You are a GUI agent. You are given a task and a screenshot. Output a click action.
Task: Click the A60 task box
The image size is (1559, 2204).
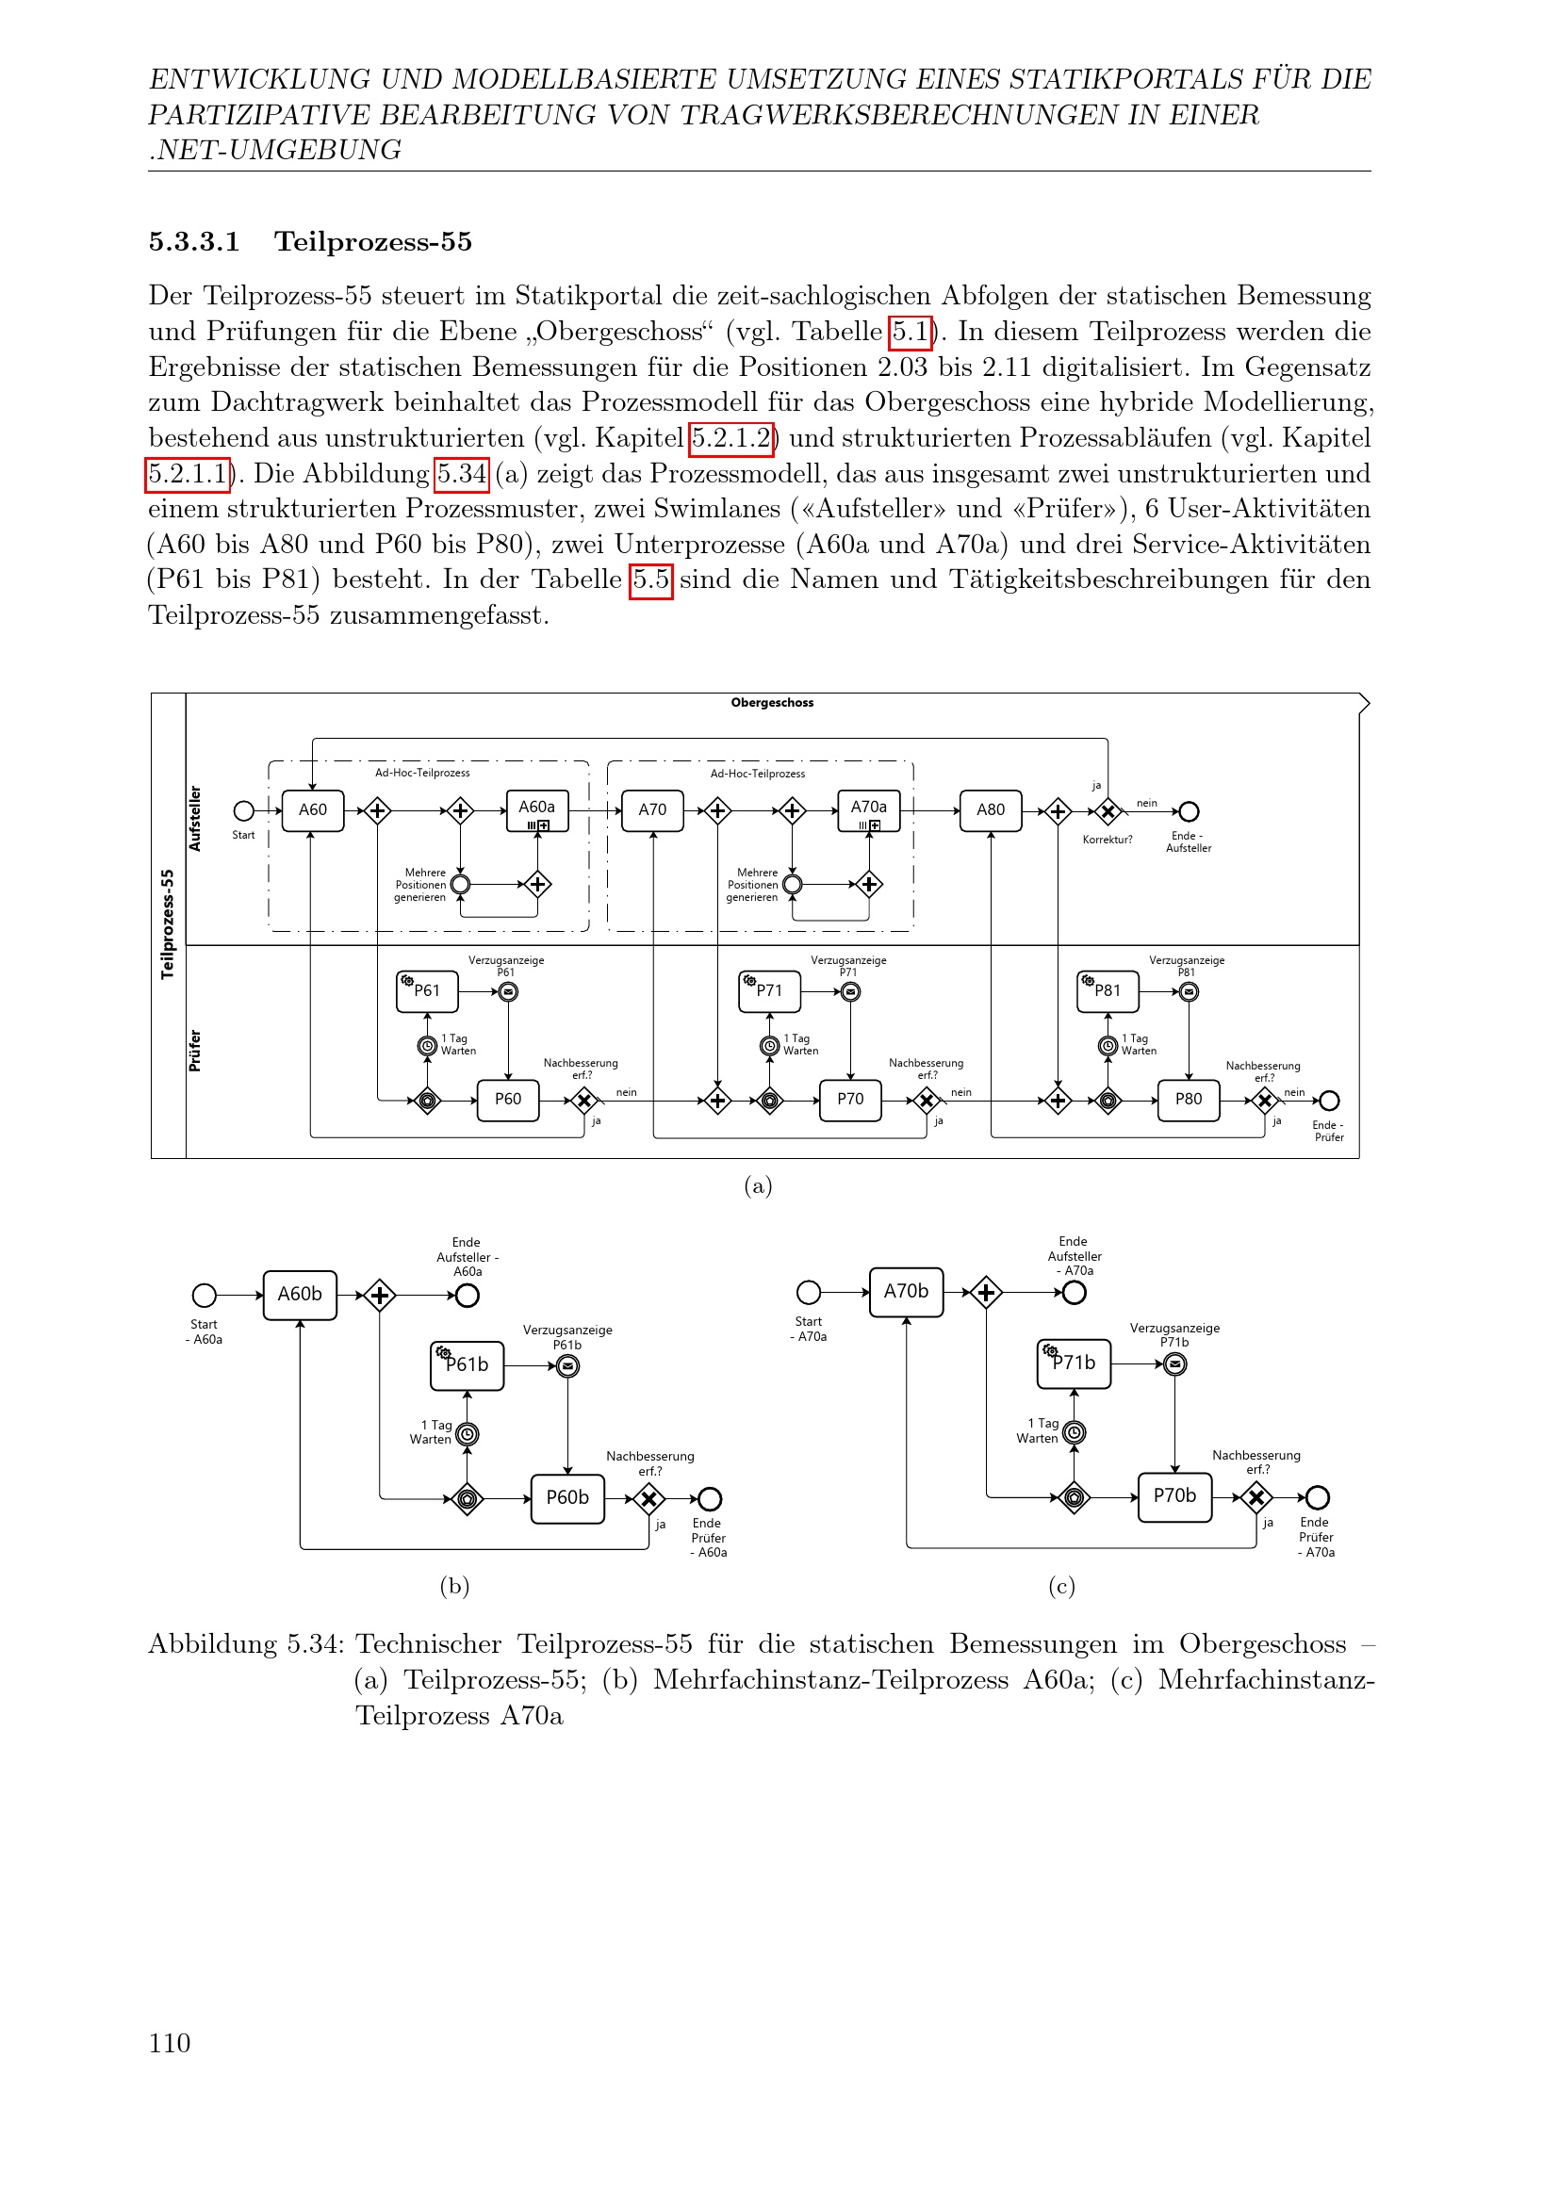point(312,810)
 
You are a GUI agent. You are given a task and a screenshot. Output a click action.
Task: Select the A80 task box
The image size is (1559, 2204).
point(990,810)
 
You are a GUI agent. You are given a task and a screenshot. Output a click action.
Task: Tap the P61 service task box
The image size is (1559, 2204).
point(427,990)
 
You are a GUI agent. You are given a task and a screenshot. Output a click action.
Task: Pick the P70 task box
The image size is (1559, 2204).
point(849,1099)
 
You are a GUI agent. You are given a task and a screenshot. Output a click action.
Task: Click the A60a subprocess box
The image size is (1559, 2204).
point(536,810)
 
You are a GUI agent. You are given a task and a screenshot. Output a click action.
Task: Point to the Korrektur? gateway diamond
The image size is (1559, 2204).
point(1107,812)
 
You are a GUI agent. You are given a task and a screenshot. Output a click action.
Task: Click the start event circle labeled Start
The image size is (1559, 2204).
point(244,811)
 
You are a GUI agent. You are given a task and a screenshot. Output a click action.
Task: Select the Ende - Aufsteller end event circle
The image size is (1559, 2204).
point(1189,812)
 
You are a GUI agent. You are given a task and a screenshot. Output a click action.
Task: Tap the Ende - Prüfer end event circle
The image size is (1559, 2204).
point(1329,1100)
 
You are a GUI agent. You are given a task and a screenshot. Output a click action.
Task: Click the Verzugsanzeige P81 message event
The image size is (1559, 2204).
point(1189,991)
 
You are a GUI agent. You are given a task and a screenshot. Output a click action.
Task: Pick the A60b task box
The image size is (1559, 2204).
point(300,1294)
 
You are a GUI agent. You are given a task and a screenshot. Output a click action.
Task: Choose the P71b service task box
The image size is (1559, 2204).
point(1074,1363)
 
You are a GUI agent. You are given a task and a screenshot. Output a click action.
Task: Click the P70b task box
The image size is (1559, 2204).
point(1174,1496)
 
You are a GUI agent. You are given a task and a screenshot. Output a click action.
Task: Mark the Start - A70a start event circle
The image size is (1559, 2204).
point(809,1292)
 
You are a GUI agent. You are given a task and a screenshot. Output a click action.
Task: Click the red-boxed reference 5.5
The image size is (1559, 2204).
point(650,580)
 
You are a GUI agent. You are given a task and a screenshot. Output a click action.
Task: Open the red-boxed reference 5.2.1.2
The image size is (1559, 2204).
point(731,439)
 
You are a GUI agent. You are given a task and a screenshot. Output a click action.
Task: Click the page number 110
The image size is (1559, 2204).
point(169,2043)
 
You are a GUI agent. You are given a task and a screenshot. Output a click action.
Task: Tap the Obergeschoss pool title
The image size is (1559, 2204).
point(772,703)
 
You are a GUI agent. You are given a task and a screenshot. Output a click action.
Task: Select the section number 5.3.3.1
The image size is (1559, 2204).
point(194,242)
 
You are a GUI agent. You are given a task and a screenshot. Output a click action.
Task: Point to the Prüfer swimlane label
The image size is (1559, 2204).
point(195,1052)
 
